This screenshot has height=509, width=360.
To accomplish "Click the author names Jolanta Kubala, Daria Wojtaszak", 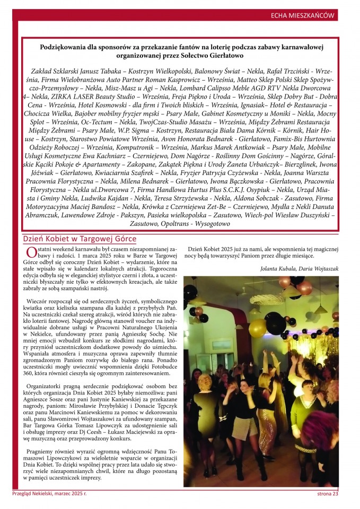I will click(x=299, y=269).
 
